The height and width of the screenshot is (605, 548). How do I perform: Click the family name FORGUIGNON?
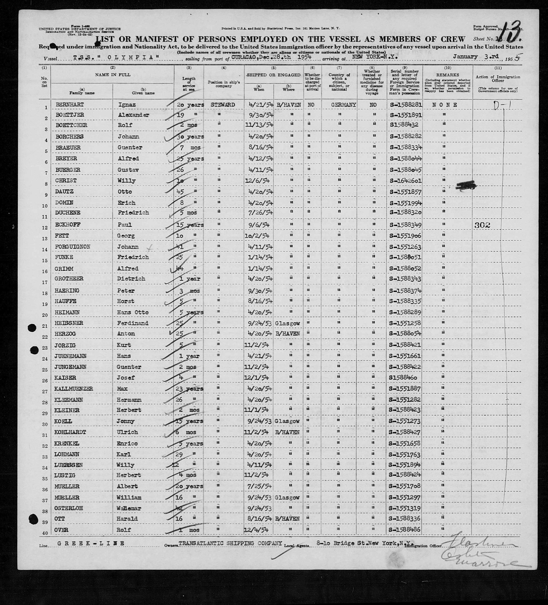coord(73,247)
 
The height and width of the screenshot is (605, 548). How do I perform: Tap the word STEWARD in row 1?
coord(223,105)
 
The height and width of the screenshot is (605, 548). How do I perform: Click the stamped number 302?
coord(482,225)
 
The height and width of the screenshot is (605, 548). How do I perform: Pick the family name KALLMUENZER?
coord(74,389)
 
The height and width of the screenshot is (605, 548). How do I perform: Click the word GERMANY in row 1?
coord(343,105)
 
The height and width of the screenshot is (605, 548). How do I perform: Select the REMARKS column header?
coord(448,75)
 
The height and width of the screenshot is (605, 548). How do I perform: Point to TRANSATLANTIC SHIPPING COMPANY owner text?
coord(230,543)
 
